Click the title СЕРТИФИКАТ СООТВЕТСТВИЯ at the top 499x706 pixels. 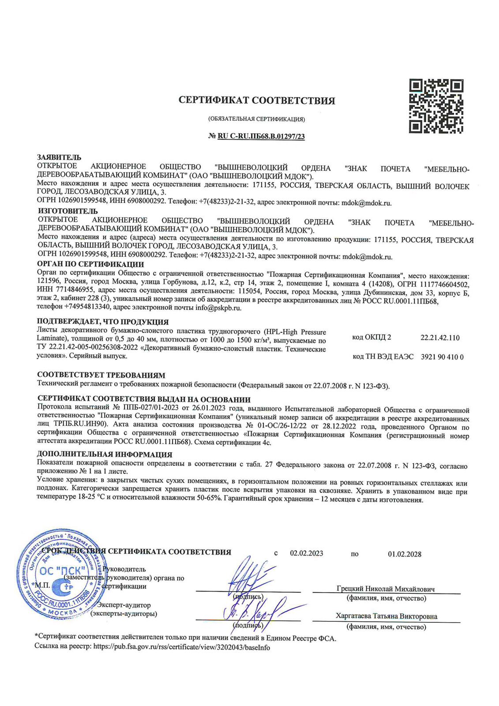tap(257, 101)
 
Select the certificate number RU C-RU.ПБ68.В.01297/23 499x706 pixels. tap(261, 136)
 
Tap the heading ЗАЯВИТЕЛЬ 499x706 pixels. tap(59, 158)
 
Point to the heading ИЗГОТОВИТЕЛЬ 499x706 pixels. tap(68, 211)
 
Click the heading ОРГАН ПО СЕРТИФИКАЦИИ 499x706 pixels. tap(90, 264)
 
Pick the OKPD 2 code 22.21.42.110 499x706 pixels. tap(440, 338)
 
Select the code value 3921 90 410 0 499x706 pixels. tap(442, 357)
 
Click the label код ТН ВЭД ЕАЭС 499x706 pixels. tap(383, 357)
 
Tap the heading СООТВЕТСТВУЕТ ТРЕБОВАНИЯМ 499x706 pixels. tap(101, 375)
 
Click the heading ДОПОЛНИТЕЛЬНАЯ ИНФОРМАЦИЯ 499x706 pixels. tap(105, 454)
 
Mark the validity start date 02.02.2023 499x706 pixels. tap(306, 553)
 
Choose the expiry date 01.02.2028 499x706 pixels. tap(405, 554)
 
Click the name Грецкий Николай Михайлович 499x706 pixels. tap(385, 589)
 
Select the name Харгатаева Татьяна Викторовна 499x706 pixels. tap(386, 616)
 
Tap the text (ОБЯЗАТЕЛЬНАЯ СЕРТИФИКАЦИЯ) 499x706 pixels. tap(256, 119)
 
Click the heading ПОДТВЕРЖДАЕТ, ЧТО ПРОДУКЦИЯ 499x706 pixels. tap(102, 322)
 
